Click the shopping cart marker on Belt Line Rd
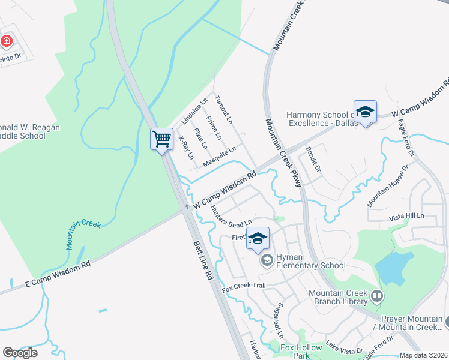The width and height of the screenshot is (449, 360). [x=162, y=140]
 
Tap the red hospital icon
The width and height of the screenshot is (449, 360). [x=7, y=41]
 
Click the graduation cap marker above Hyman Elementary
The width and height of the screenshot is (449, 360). [x=258, y=238]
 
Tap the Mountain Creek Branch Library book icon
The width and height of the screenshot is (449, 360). [x=377, y=295]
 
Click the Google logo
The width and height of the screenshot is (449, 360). [x=20, y=352]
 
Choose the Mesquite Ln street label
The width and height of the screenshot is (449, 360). [x=219, y=156]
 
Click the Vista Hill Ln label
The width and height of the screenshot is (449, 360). [x=406, y=215]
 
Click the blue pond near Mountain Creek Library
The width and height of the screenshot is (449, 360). [x=394, y=267]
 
